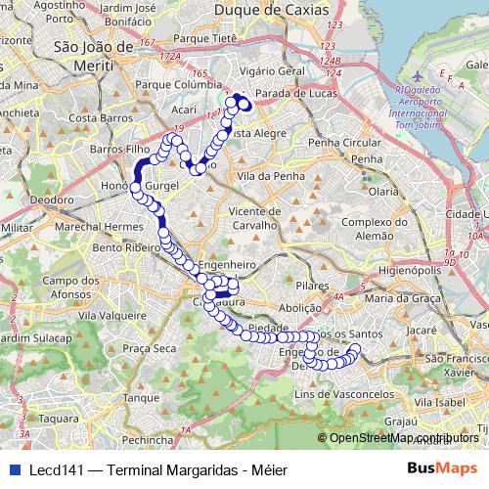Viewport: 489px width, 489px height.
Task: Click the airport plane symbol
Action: (418, 75)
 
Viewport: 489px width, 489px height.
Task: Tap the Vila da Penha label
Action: (265, 176)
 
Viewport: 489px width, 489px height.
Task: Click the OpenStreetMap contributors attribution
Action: (402, 438)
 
